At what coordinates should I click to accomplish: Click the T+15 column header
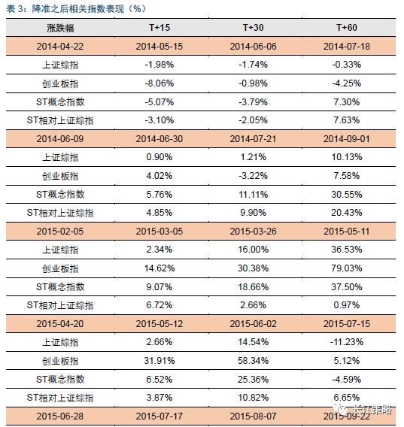coord(159,28)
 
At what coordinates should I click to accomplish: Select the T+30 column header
coord(254,28)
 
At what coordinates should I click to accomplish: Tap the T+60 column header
coord(347,28)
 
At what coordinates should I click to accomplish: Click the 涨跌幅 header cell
coord(60,28)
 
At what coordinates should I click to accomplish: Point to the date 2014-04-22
coord(60,47)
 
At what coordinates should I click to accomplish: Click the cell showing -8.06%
coord(159,83)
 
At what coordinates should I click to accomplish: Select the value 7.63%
coord(347,120)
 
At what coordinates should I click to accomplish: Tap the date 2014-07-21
coord(253,139)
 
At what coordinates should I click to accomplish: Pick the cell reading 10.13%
coord(347,157)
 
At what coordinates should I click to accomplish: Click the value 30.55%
coord(347,195)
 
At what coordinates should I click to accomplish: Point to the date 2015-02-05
coord(60,232)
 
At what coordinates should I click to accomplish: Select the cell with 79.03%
coord(347,268)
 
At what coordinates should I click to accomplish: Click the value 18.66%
coord(254,286)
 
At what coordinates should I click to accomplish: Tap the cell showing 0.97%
coord(347,305)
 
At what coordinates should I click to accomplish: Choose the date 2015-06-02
coord(253,324)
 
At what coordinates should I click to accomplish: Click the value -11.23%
coord(347,342)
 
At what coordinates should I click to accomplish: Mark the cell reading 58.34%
coord(254,361)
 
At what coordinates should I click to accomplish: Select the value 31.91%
coord(159,361)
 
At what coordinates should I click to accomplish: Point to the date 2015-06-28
coord(60,416)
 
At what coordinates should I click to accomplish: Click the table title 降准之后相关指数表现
coord(78,9)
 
